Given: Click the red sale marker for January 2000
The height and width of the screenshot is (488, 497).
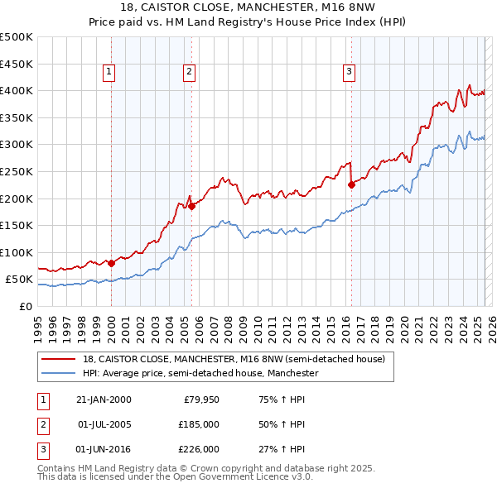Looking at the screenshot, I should [x=112, y=263].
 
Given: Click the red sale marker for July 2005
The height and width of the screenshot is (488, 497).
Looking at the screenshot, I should [x=191, y=207].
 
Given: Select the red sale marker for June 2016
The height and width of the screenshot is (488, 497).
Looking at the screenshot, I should [x=351, y=184].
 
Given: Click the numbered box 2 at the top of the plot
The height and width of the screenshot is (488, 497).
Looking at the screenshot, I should [x=189, y=73].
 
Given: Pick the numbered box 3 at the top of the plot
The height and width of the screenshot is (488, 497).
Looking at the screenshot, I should [x=350, y=73].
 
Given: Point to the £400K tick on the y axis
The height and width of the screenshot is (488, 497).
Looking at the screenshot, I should [x=17, y=90].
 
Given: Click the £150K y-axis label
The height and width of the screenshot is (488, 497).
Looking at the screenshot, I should [x=17, y=225].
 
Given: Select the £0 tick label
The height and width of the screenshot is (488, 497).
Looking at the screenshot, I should [x=25, y=306].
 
